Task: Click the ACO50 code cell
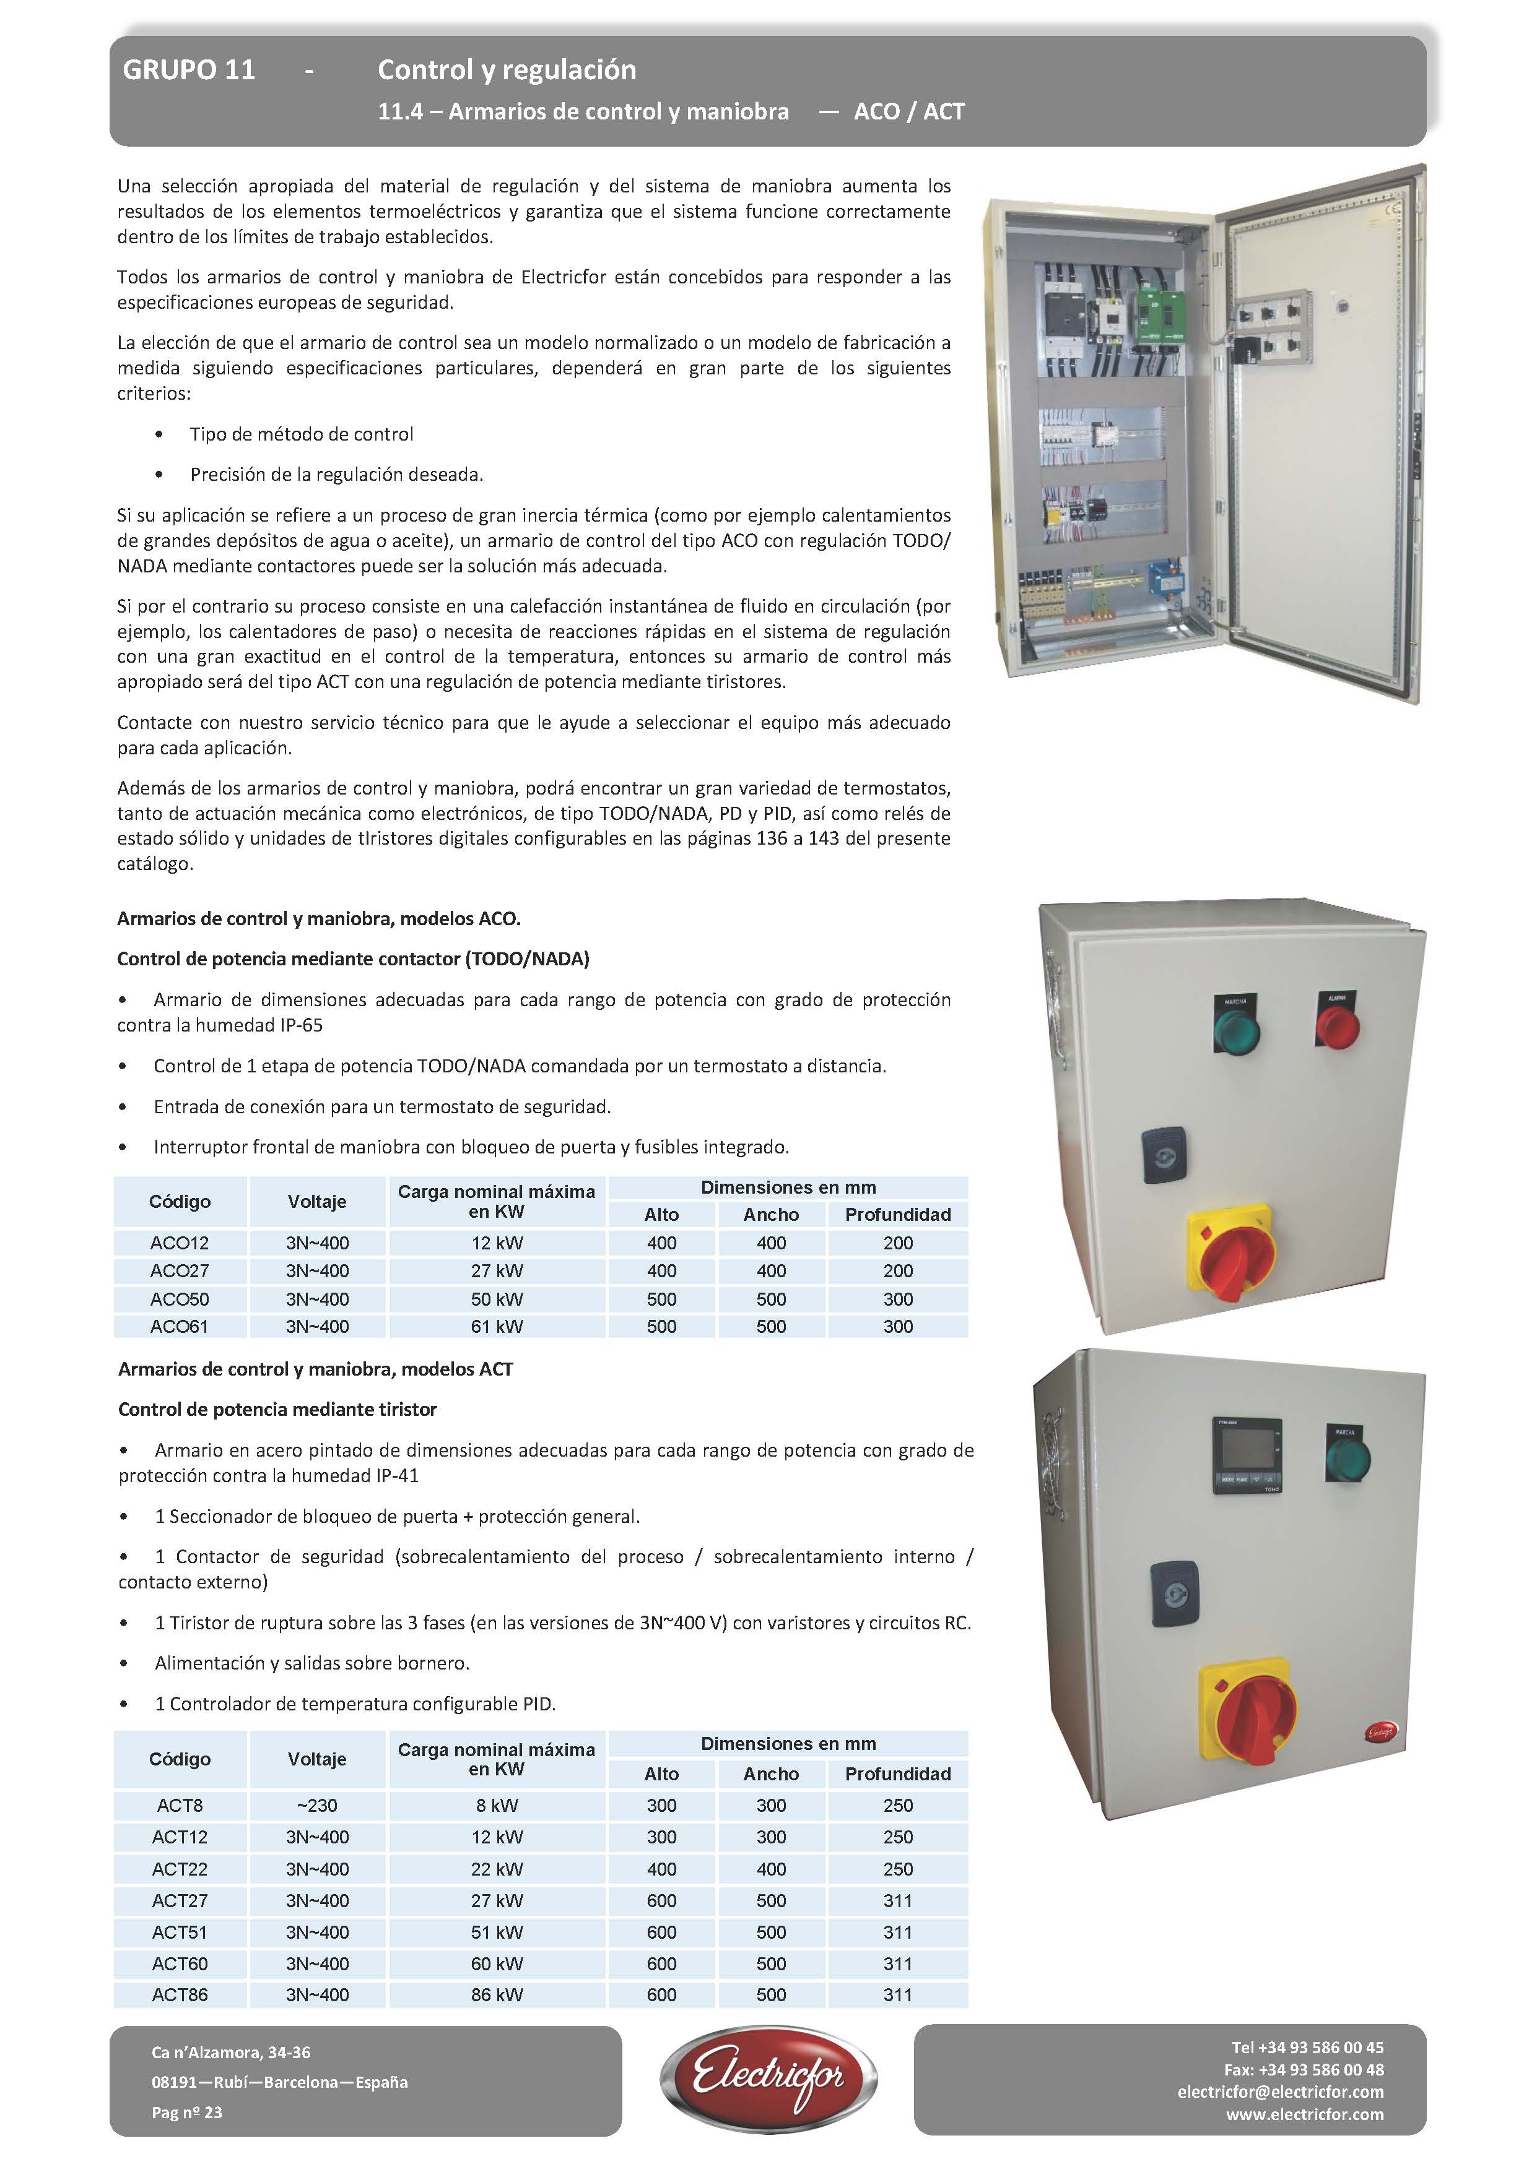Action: tap(180, 1299)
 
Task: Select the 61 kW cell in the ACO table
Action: tap(497, 1326)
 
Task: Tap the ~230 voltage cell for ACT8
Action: tap(317, 1805)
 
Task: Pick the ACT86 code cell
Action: tap(180, 1994)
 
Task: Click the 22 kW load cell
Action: tap(497, 1868)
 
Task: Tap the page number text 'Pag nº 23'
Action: tap(186, 2113)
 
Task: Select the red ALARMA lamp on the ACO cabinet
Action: tap(1338, 1025)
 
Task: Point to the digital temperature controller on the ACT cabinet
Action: tap(1247, 1455)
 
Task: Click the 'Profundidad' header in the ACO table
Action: tap(897, 1215)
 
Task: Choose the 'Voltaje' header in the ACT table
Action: tap(317, 1759)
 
